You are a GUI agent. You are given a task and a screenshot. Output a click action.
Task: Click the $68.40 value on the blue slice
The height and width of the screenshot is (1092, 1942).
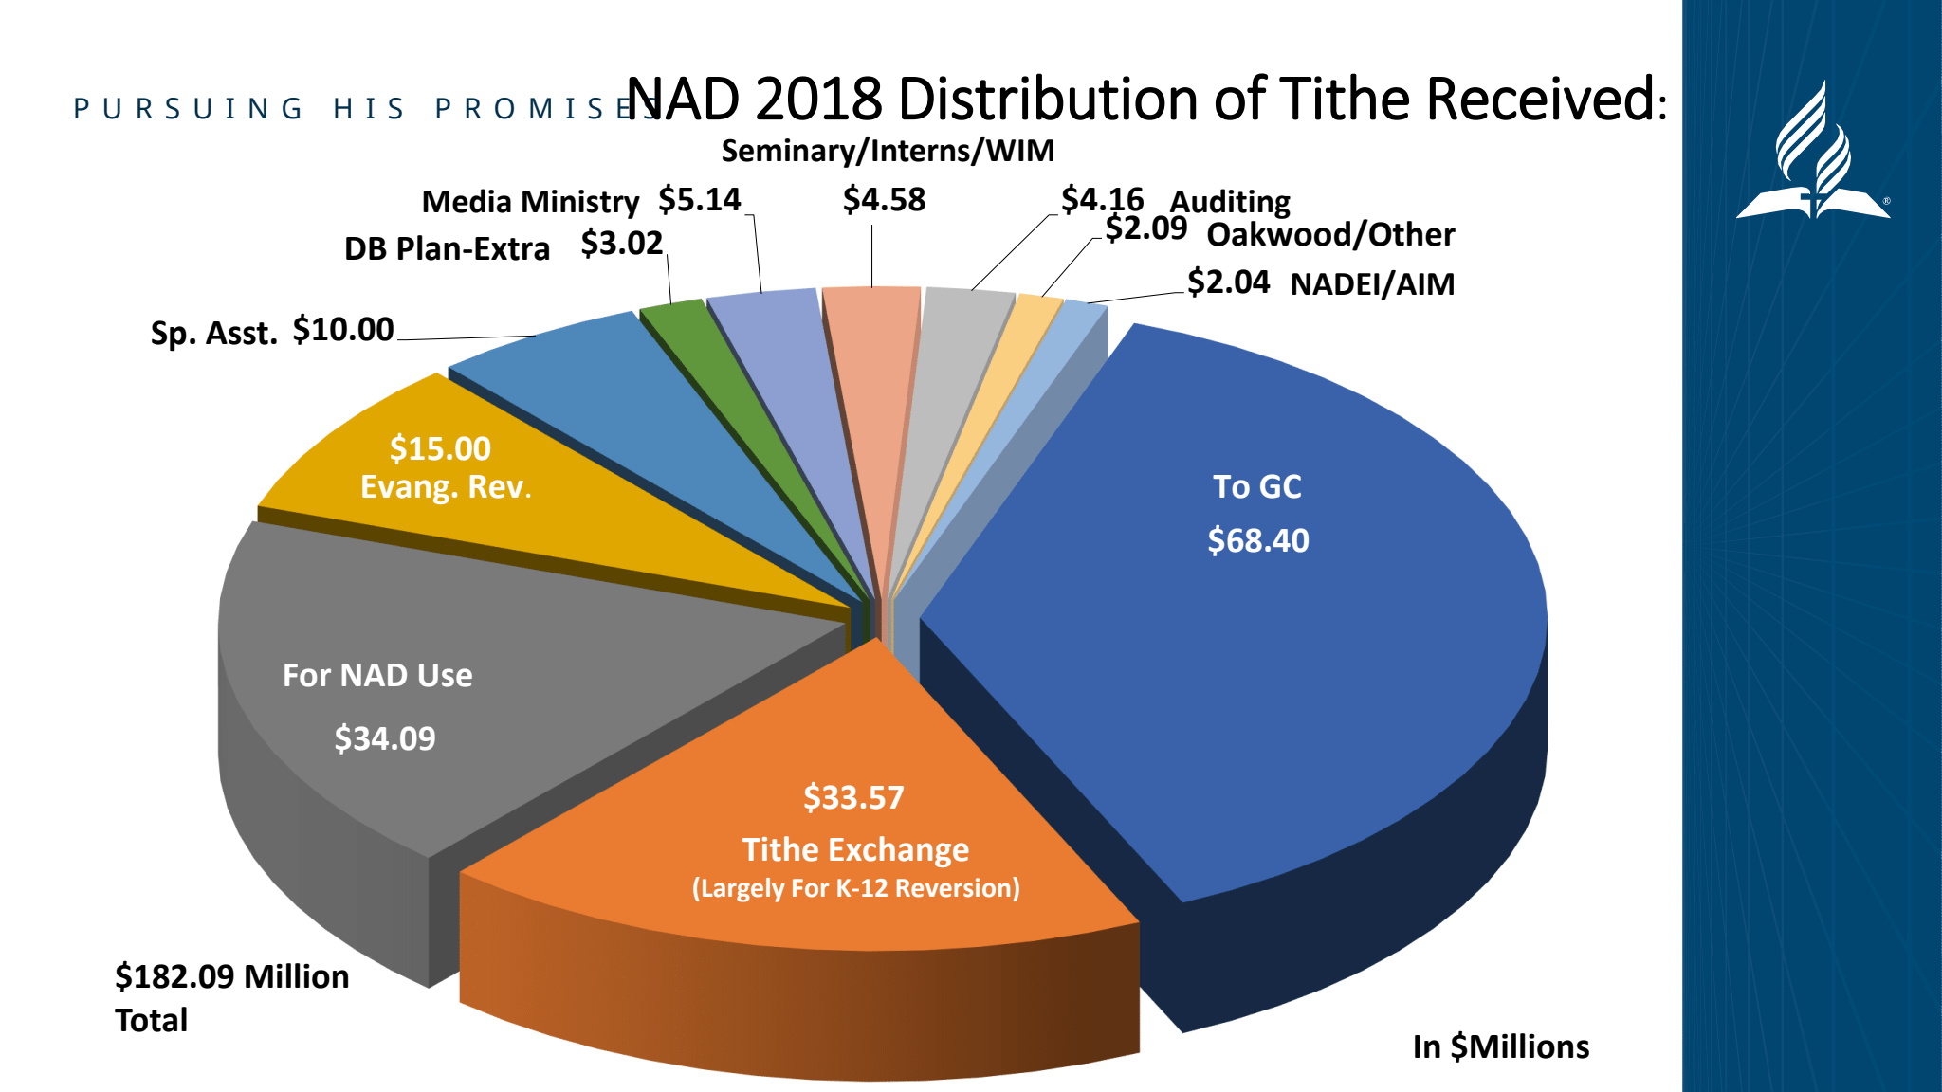(x=1257, y=540)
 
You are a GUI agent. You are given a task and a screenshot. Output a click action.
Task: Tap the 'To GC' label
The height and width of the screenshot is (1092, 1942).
(x=1257, y=486)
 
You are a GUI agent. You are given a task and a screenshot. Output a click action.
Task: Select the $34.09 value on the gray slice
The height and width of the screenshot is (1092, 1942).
(x=384, y=738)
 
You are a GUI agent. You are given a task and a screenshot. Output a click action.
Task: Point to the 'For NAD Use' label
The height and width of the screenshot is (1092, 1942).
(x=377, y=675)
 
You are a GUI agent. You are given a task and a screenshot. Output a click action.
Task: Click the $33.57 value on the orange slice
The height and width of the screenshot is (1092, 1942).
(x=853, y=797)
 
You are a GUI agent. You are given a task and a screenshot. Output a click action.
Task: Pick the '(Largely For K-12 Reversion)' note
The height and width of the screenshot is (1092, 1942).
(x=855, y=888)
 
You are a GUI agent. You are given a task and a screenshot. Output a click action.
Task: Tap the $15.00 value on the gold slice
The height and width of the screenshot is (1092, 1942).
(x=440, y=448)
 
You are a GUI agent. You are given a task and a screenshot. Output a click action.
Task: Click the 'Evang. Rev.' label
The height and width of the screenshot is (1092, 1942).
(x=446, y=487)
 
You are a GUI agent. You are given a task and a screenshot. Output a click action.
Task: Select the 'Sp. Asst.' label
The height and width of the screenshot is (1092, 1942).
(x=213, y=334)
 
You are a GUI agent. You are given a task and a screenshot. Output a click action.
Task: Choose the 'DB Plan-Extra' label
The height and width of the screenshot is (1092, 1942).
(x=447, y=248)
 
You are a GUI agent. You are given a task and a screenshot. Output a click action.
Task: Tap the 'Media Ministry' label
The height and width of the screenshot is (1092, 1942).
(x=530, y=202)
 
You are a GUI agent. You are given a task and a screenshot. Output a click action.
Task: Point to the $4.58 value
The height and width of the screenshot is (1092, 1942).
(x=884, y=200)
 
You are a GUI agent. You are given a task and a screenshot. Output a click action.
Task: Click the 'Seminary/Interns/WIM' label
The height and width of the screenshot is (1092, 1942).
(x=888, y=151)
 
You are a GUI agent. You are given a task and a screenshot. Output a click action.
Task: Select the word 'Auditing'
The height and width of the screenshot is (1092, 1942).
(x=1230, y=202)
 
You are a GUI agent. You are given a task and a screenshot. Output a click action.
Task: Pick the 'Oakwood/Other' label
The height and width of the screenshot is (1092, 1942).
(x=1330, y=235)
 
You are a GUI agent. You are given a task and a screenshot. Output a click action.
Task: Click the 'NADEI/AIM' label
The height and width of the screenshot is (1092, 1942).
(x=1372, y=284)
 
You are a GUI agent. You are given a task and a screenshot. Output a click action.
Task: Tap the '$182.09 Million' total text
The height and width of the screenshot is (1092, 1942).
(x=231, y=976)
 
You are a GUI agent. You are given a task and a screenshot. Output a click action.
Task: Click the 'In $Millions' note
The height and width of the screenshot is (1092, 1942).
(x=1500, y=1046)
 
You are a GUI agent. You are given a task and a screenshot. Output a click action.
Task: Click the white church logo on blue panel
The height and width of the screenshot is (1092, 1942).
(x=1812, y=156)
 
